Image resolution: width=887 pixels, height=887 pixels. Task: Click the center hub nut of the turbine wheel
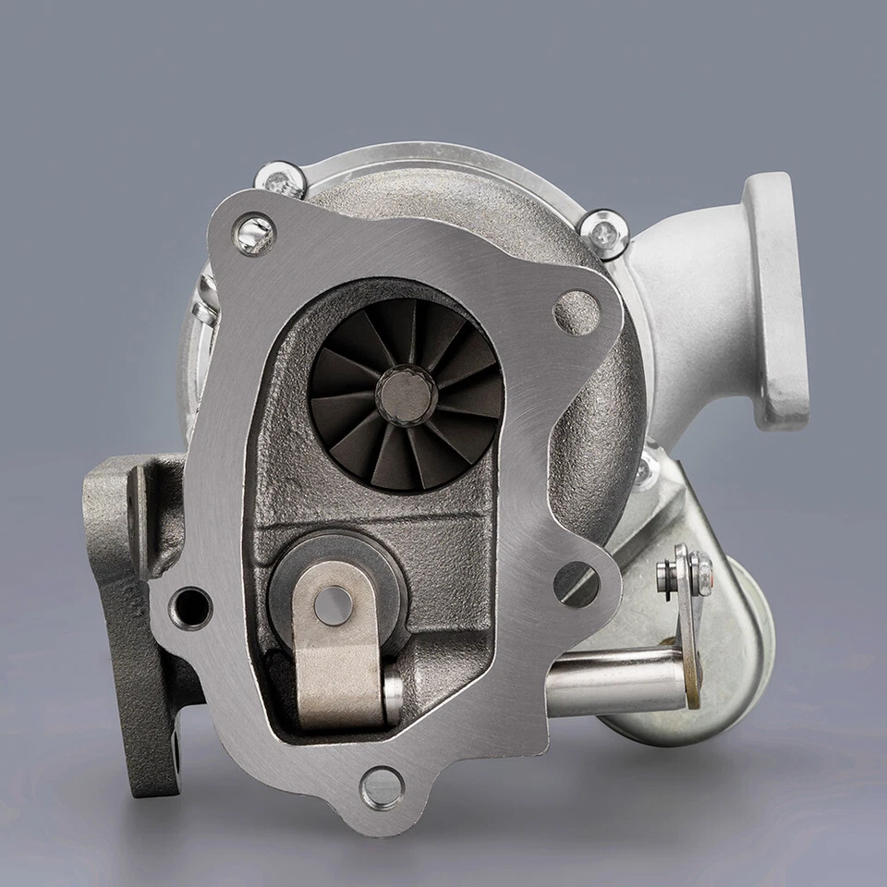406,395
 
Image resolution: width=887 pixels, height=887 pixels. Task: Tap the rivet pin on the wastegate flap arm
333,605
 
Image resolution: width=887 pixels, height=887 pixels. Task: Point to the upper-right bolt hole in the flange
577,311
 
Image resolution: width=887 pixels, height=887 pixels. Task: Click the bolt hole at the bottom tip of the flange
382,788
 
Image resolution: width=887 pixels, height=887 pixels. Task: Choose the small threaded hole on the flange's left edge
192,607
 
